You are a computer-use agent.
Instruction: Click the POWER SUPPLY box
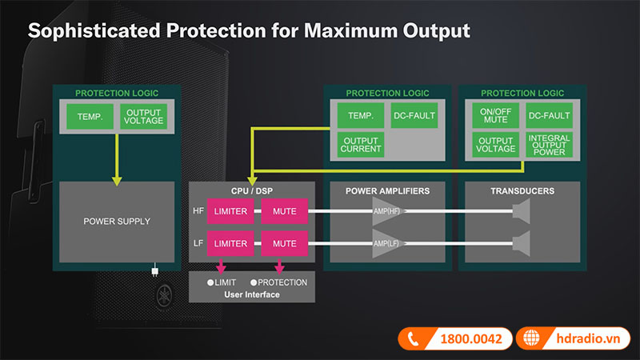coord(117,222)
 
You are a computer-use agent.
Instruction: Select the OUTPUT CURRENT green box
coord(361,144)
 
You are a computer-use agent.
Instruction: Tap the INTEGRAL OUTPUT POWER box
coord(549,144)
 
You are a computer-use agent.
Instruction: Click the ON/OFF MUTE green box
coord(494,116)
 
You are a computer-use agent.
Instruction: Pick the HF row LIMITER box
coord(231,211)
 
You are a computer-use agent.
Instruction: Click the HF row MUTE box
coord(284,211)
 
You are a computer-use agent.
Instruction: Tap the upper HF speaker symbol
coord(522,211)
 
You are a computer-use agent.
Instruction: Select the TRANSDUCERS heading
coord(522,191)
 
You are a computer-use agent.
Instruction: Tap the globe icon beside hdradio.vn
coord(530,339)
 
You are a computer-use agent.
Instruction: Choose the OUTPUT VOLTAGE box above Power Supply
coord(143,116)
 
